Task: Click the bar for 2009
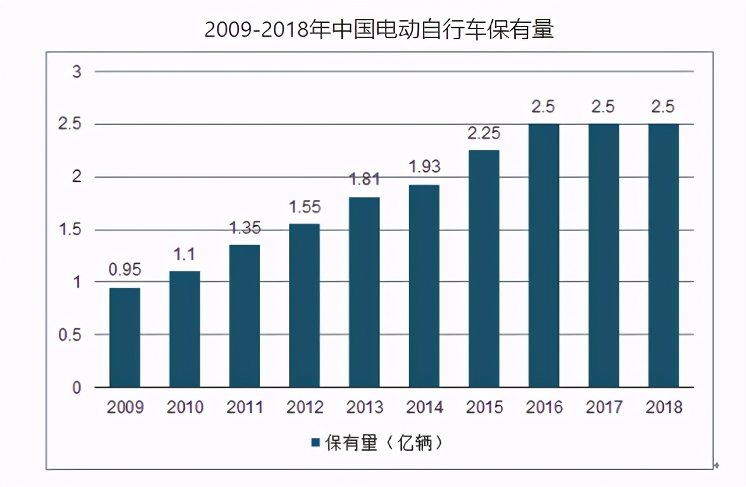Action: click(125, 337)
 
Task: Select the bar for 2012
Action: click(304, 305)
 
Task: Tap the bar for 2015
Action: click(484, 268)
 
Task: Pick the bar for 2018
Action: click(663, 256)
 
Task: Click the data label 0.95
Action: click(125, 270)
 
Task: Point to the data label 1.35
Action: click(245, 227)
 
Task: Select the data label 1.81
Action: click(364, 180)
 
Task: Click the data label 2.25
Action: click(484, 133)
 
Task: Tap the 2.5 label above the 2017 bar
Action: click(603, 107)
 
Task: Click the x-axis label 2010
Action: click(185, 407)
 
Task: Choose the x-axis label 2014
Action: click(424, 407)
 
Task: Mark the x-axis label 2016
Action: click(544, 407)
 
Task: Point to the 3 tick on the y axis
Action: click(76, 71)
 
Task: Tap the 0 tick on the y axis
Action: click(76, 387)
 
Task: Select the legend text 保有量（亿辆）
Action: click(383, 443)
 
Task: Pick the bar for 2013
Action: click(364, 292)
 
